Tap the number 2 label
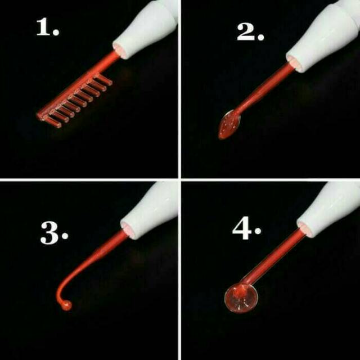(x=250, y=32)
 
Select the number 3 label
(x=54, y=232)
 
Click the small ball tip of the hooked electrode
(x=66, y=305)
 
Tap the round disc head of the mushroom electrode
(x=241, y=298)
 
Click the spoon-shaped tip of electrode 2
(x=229, y=124)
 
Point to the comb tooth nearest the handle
(x=102, y=79)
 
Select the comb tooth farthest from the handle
(x=52, y=121)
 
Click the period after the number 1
(x=56, y=32)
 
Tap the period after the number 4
(x=258, y=231)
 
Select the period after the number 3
(x=65, y=236)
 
